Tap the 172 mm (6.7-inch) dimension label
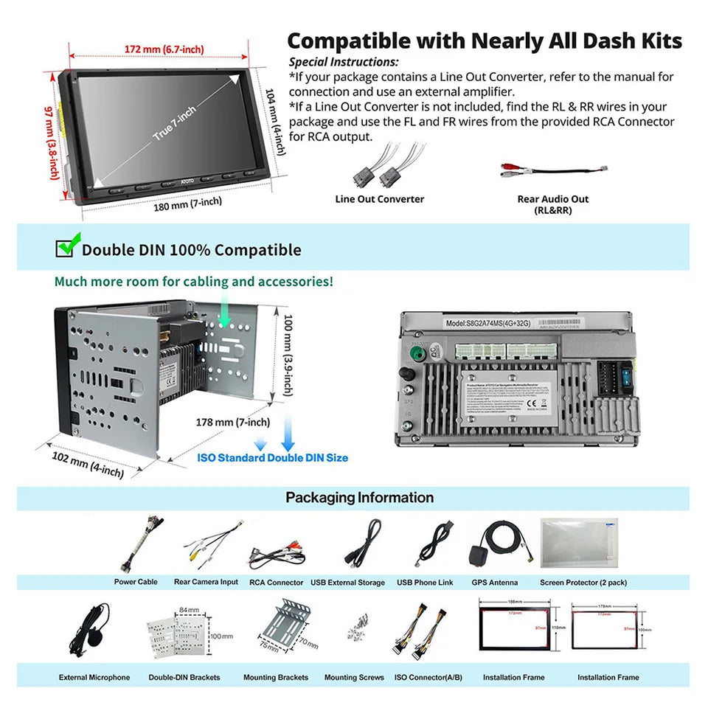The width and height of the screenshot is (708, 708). [164, 49]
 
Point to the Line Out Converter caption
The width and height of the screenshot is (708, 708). [379, 199]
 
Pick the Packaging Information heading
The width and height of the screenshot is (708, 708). [359, 498]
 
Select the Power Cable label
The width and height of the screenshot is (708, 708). [136, 583]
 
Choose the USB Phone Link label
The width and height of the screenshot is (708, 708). [425, 583]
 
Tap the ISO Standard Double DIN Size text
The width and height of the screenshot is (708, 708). [272, 458]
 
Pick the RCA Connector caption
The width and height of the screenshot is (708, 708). [276, 583]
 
